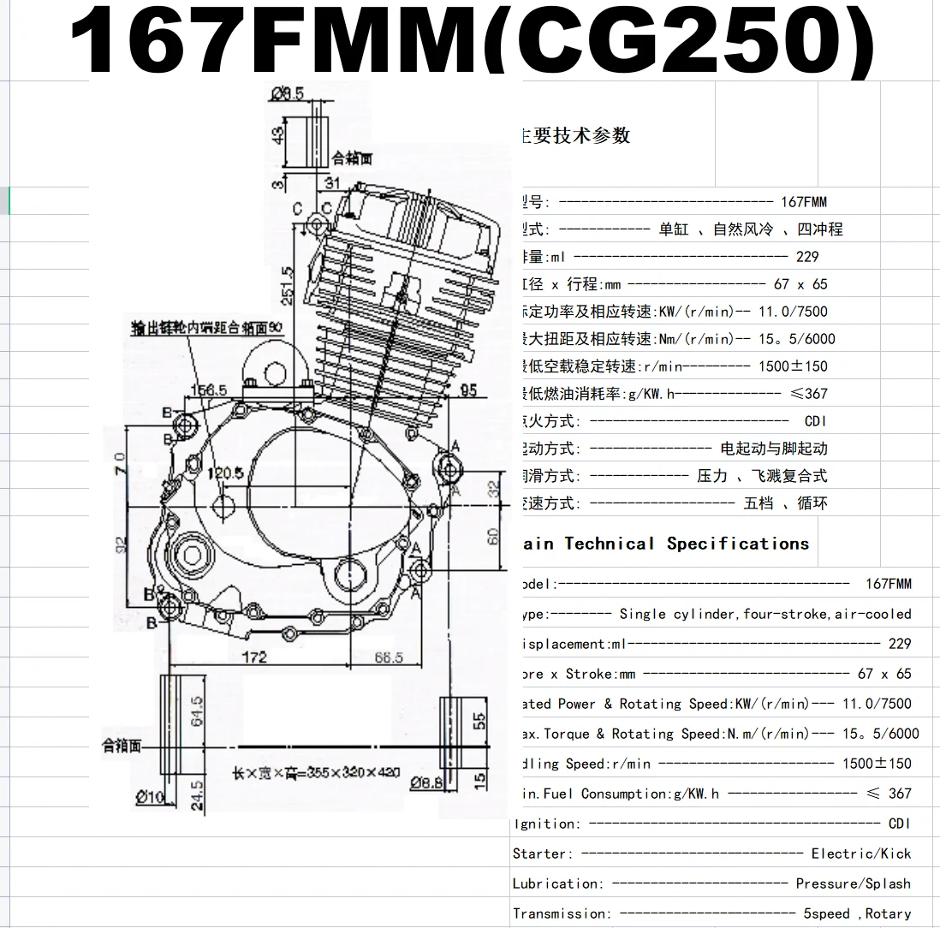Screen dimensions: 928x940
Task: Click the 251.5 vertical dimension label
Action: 288,285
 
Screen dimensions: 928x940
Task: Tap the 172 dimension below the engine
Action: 254,657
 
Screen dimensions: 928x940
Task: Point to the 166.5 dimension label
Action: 209,390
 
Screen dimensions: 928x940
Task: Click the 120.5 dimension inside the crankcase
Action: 225,473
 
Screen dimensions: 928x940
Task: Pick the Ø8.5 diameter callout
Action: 287,94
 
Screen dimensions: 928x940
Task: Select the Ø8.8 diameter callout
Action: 425,782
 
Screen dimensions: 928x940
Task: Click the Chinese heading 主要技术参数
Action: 575,135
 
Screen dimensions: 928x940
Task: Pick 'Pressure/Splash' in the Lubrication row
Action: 853,883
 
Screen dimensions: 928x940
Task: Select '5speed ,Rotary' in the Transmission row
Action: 856,913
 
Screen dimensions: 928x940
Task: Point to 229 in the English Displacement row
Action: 900,644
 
